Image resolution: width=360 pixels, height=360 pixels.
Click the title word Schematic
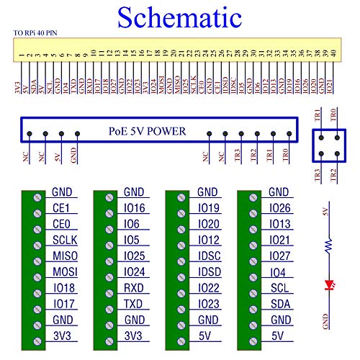[x=179, y=17]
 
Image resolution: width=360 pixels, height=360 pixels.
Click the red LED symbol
[x=330, y=284]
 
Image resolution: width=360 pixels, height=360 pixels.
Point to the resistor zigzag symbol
[x=330, y=246]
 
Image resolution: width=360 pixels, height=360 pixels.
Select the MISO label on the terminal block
[x=65, y=256]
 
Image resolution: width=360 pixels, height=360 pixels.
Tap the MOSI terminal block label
[x=65, y=272]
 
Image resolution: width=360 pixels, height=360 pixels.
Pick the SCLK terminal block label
[x=65, y=240]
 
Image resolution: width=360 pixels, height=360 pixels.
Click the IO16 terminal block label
[x=135, y=208]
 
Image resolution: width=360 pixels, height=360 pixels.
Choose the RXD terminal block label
[x=135, y=288]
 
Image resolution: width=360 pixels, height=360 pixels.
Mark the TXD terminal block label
[x=135, y=304]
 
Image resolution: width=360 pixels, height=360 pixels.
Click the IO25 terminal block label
[x=135, y=256]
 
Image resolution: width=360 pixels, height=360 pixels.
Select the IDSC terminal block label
[x=209, y=256]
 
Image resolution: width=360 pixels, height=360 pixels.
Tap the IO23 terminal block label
[x=209, y=304]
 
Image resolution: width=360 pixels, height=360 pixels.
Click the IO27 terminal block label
[x=281, y=256]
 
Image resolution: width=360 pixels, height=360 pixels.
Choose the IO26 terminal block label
[x=281, y=208]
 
